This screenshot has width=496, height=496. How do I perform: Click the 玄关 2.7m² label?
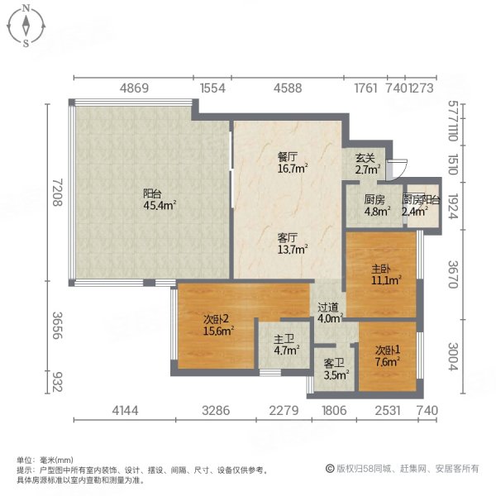[366, 163]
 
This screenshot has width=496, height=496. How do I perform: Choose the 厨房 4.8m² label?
[374, 204]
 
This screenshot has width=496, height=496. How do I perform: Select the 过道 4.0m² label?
[330, 312]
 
